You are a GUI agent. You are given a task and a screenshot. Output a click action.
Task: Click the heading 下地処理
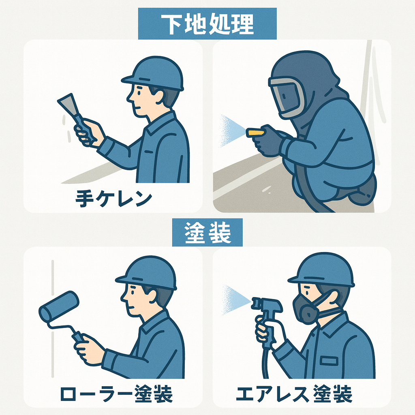207,24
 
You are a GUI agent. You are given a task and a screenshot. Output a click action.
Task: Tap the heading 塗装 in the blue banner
207,233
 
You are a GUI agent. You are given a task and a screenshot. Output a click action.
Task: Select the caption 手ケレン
113,198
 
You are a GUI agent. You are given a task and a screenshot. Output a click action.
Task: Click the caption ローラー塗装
116,394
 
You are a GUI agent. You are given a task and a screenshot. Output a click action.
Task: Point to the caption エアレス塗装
294,394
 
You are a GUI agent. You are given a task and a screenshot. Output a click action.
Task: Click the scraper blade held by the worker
67,104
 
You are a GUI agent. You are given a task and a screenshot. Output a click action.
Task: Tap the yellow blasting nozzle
256,133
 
